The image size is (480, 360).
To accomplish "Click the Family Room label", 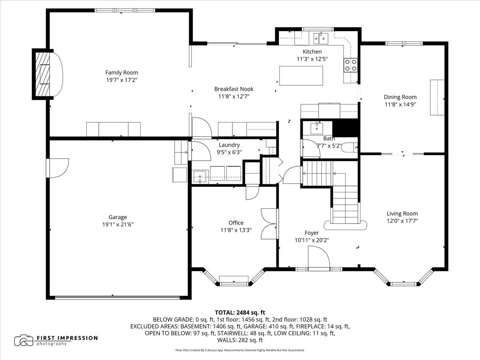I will click(122, 72).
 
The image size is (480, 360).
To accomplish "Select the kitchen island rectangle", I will click(301, 75).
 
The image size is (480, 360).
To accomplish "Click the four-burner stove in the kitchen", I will click(350, 64).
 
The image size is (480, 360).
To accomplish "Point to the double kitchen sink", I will click(320, 38).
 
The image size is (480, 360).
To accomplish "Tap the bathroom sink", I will click(317, 128).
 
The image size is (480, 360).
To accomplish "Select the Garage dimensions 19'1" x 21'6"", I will click(118, 224).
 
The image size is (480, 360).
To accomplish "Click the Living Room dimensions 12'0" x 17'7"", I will click(402, 220).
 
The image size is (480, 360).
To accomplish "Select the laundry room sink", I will click(200, 175).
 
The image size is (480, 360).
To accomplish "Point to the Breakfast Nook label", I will click(234, 89).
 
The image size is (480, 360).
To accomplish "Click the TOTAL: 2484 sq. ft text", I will click(240, 312).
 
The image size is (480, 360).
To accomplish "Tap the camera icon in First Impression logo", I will click(24, 340).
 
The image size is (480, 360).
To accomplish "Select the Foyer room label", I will click(312, 233).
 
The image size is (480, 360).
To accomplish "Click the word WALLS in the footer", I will click(228, 340).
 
